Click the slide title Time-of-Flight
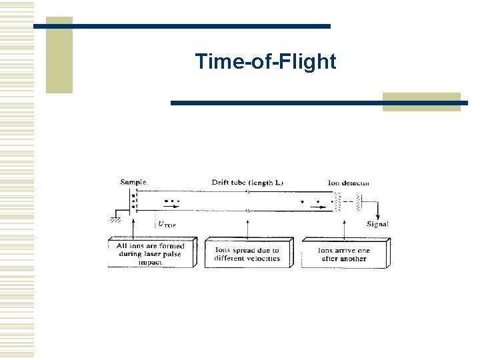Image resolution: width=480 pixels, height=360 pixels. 265,62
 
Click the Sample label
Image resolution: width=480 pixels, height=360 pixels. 133,182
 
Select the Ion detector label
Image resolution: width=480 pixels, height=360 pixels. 348,182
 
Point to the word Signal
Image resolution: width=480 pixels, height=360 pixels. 377,225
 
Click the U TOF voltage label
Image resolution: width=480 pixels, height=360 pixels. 167,225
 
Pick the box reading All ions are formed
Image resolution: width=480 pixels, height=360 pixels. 151,253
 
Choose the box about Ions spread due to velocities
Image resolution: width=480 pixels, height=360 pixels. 247,253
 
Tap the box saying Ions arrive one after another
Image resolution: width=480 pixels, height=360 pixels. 344,253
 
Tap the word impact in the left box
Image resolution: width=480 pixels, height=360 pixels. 150,262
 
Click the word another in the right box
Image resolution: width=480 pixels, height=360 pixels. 352,259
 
